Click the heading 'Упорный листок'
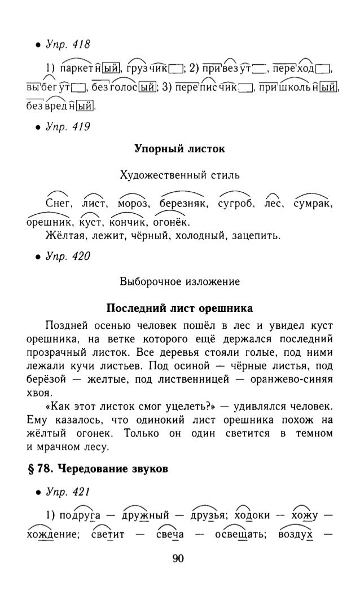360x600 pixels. coord(179,149)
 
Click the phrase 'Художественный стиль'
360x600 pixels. coord(179,174)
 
